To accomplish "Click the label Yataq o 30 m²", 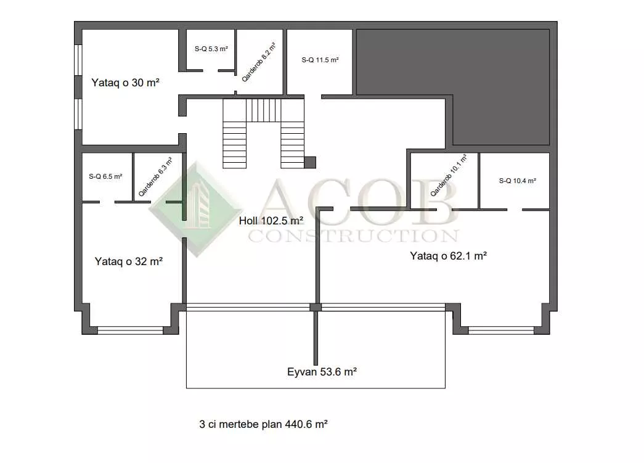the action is pyautogui.click(x=125, y=83).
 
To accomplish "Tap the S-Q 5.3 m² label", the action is pyautogui.click(x=211, y=49).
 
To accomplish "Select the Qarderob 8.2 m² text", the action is pyautogui.click(x=258, y=62).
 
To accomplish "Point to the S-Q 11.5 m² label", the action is pyautogui.click(x=320, y=60).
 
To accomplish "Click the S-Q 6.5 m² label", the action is pyautogui.click(x=105, y=177).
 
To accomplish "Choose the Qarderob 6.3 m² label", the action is pyautogui.click(x=155, y=177).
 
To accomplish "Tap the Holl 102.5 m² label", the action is pyautogui.click(x=271, y=221).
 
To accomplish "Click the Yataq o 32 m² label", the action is pyautogui.click(x=129, y=261).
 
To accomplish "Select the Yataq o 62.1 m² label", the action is pyautogui.click(x=449, y=256).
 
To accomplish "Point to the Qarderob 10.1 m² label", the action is pyautogui.click(x=449, y=175).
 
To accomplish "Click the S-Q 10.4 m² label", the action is pyautogui.click(x=518, y=181).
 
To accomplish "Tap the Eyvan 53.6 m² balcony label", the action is pyautogui.click(x=322, y=372).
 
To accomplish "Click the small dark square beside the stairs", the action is pyautogui.click(x=310, y=163).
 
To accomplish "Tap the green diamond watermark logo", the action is pyautogui.click(x=197, y=209).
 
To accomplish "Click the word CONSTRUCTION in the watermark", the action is pyautogui.click(x=353, y=236).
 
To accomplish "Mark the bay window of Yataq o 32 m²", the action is pyautogui.click(x=131, y=330).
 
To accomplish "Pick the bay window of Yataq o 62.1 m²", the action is pyautogui.click(x=501, y=330).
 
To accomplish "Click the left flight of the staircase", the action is pyautogui.click(x=235, y=134).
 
